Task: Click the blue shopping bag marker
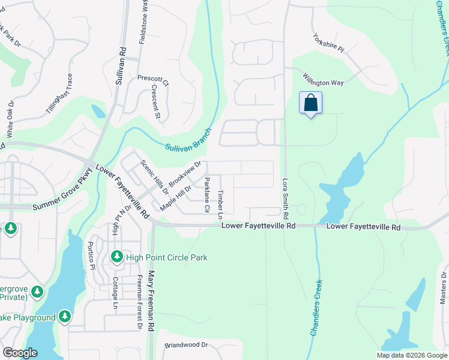[310, 103]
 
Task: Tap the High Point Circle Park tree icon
[118, 257]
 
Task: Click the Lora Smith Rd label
[285, 197]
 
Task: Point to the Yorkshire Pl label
[328, 41]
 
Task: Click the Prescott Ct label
[153, 79]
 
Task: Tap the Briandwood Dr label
[186, 346]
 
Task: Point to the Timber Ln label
[220, 205]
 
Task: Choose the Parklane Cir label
[206, 195]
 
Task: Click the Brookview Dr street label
[184, 173]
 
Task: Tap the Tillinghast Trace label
[59, 94]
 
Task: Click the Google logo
[19, 353]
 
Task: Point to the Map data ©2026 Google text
[411, 355]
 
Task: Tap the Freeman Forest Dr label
[139, 302]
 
